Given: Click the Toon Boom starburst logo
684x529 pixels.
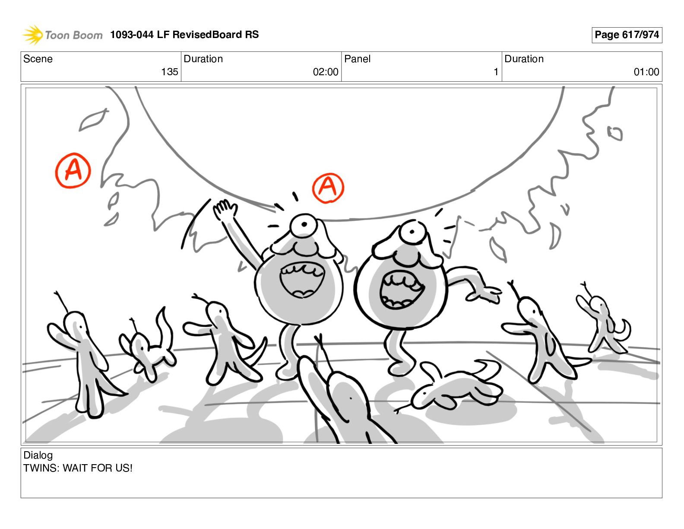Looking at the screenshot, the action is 33,35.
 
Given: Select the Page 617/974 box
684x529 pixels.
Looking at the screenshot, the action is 627,35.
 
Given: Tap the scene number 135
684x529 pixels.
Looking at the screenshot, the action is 169,72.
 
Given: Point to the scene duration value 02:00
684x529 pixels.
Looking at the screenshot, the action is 326,72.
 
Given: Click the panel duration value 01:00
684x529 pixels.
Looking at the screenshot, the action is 646,72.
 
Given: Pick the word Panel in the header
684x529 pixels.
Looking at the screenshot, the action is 357,59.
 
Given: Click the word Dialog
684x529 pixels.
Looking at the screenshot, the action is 38,455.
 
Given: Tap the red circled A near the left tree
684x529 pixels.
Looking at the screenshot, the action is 73,170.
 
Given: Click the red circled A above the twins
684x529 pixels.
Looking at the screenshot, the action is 328,188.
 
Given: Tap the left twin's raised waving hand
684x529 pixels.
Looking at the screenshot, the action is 225,209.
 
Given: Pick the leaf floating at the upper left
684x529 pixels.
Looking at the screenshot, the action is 93,119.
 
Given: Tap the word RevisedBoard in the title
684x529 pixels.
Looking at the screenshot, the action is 207,35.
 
